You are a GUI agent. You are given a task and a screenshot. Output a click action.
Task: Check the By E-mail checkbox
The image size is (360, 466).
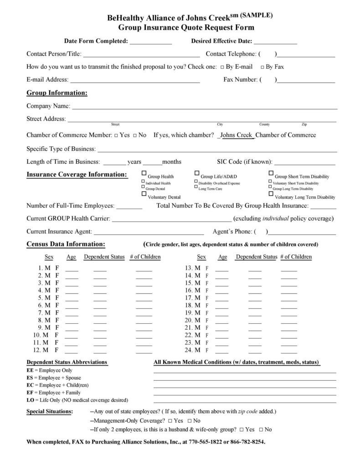point(222,67)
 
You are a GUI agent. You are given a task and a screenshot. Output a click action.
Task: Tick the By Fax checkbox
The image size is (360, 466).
point(262,67)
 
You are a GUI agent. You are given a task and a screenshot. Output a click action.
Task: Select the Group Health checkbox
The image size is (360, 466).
point(144,173)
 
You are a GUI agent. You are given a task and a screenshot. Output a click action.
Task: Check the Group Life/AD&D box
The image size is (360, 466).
point(197,173)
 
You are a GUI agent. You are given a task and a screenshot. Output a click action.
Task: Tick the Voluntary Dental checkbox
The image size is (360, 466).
point(144,194)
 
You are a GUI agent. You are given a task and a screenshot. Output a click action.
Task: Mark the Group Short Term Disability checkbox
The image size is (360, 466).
point(271,173)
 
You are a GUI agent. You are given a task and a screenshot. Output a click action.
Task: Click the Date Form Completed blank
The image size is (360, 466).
point(150,41)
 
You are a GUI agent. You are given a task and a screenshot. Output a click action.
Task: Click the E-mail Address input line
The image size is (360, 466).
point(135,80)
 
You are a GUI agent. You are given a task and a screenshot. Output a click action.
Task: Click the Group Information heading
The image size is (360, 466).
point(57,93)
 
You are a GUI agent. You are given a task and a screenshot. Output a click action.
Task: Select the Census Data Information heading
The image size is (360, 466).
point(66,244)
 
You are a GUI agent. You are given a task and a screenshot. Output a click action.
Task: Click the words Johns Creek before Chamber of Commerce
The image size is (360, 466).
point(237,135)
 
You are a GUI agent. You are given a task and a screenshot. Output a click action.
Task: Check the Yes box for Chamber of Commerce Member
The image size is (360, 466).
point(116,135)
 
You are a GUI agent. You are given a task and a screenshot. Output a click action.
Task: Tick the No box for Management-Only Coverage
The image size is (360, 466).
point(189,421)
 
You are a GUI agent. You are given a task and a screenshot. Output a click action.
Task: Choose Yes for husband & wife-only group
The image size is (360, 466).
point(241,430)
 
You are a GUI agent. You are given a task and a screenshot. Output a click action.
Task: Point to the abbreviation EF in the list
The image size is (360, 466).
point(30,393)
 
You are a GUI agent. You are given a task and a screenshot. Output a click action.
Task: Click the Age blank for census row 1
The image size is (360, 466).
point(72,269)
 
